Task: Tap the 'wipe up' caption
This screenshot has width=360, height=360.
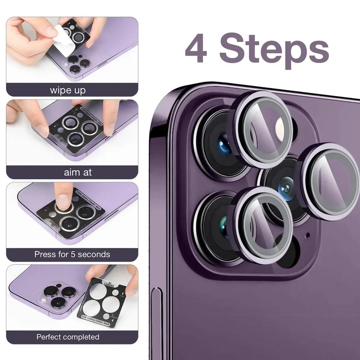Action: [68, 90]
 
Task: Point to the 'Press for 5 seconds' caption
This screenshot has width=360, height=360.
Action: [72, 254]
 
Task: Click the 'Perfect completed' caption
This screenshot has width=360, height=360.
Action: [68, 337]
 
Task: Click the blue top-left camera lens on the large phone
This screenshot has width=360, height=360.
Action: [224, 146]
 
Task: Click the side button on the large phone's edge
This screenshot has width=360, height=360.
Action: [156, 316]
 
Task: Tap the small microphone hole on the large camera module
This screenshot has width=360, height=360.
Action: [308, 234]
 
